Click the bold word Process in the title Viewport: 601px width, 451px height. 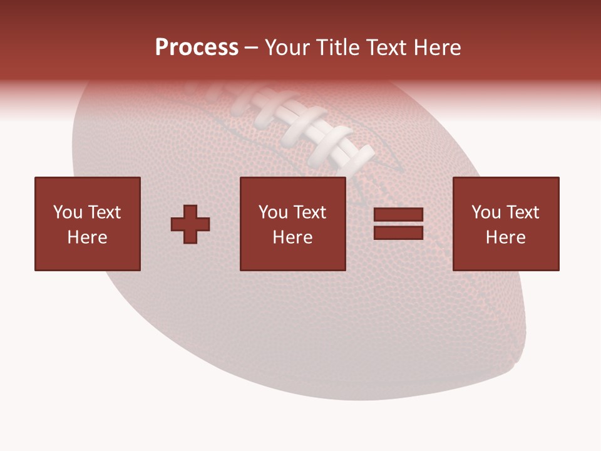(197, 48)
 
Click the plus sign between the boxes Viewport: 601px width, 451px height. (190, 224)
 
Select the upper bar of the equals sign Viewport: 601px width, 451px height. (398, 215)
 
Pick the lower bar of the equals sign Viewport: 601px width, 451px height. (398, 232)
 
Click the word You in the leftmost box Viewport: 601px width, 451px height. (68, 212)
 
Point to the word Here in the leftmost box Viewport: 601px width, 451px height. (88, 237)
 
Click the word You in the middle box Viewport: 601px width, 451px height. (273, 212)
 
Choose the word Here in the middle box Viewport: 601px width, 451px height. (293, 237)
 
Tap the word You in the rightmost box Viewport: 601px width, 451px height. (486, 212)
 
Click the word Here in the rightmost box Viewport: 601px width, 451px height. (506, 237)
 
